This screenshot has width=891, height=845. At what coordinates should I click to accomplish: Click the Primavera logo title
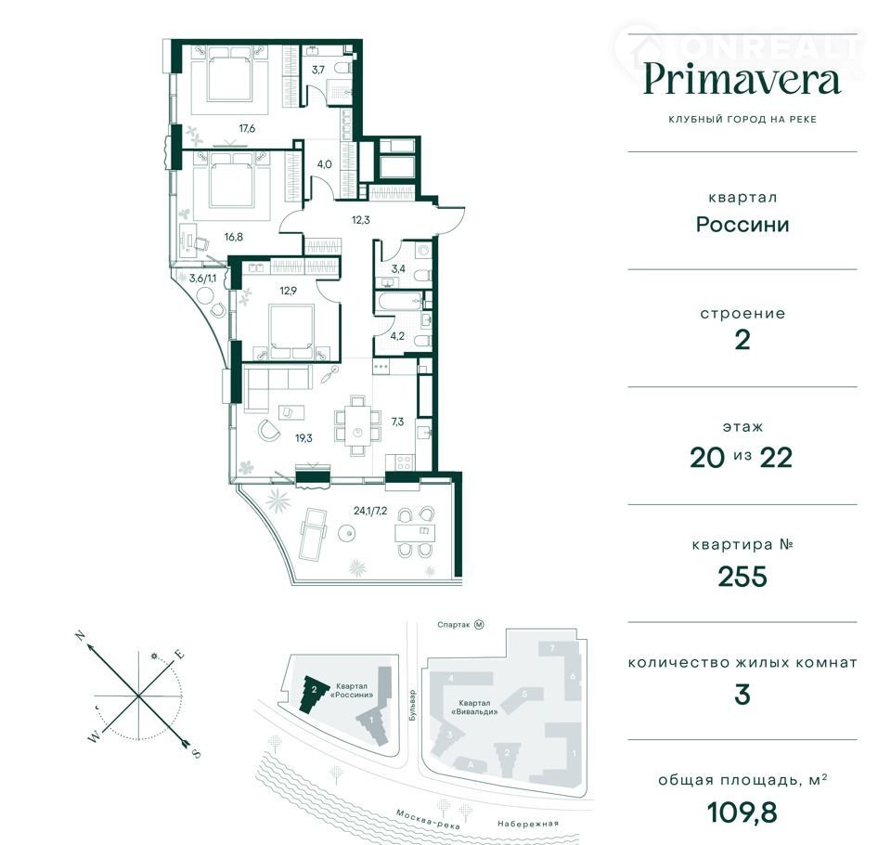[742, 80]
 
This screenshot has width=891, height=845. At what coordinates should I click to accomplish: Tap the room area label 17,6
[247, 128]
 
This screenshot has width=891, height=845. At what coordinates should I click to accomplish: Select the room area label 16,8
[233, 237]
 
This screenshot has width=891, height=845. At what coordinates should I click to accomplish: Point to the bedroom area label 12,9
[288, 291]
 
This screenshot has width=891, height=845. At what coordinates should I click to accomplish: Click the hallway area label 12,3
[360, 219]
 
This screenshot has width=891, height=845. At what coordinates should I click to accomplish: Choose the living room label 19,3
[303, 438]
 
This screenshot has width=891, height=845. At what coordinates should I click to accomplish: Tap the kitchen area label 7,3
[397, 422]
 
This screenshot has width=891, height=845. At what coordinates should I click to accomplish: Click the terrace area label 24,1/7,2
[370, 511]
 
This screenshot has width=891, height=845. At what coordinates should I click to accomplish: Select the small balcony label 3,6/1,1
[203, 279]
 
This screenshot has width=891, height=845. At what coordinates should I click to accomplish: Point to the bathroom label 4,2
[397, 336]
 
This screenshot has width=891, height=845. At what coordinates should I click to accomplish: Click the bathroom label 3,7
[317, 70]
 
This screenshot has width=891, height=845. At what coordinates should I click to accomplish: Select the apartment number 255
[742, 577]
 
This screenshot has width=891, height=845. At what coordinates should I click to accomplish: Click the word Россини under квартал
[742, 225]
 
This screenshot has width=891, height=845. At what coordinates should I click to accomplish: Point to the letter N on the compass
[82, 636]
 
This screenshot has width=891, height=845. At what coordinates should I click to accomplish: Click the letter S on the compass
[196, 754]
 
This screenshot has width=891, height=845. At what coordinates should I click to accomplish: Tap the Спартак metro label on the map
[454, 625]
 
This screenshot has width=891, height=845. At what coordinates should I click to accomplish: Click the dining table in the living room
[357, 425]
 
